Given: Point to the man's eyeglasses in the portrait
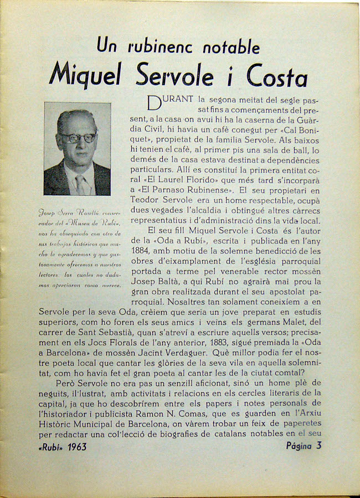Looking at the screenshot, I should [78, 138].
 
